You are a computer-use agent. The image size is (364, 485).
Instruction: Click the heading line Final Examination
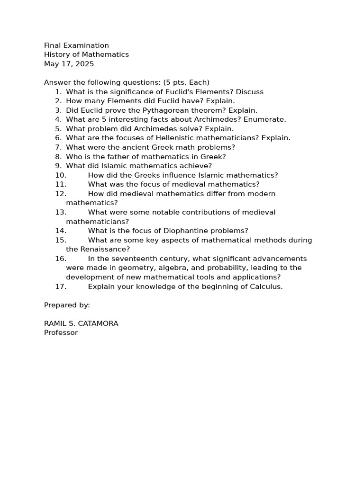[x=76, y=45]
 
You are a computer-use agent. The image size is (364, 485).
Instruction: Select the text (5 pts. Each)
[x=186, y=82]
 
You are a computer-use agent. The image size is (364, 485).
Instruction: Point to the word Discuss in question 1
[x=249, y=92]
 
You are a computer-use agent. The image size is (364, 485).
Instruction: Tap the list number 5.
[x=58, y=129]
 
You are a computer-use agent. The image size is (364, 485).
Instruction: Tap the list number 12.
[x=61, y=194]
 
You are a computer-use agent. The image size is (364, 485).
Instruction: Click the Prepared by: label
[x=67, y=305]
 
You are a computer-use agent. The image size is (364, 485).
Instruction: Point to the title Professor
[x=61, y=332]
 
